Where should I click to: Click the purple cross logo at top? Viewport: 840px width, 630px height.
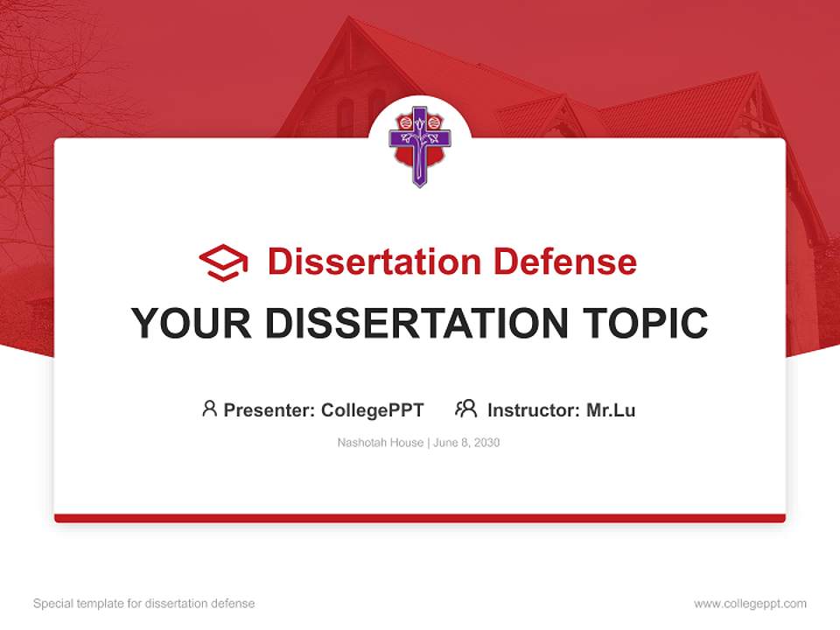(420, 144)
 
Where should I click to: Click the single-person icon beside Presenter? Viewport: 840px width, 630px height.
(209, 409)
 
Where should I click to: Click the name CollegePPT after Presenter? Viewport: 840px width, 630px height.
(373, 409)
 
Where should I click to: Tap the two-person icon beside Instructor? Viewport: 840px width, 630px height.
(466, 409)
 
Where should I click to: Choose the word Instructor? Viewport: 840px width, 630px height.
(534, 409)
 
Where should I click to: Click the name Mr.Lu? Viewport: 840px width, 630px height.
(611, 409)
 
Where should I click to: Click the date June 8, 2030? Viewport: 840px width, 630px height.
(466, 443)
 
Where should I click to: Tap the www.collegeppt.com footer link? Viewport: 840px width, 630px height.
(750, 604)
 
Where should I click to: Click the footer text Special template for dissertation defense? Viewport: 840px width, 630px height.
(144, 604)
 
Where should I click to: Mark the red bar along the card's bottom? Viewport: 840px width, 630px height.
(420, 518)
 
